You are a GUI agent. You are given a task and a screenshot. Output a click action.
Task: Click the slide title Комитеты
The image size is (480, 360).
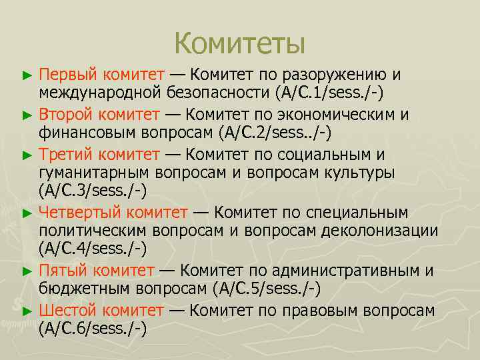pos(239,44)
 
